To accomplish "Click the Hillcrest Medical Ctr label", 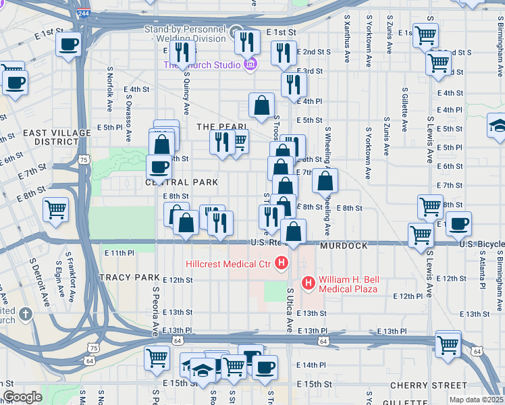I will click(x=230, y=263).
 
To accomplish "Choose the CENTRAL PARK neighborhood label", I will click(x=182, y=182).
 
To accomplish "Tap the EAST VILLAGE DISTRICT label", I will click(x=51, y=137).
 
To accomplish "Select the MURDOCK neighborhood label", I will click(x=348, y=246).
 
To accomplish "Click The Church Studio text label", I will click(x=201, y=65).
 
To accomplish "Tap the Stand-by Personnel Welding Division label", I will click(x=184, y=34).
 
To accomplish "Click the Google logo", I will click(x=22, y=397).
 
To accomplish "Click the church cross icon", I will click(x=25, y=314).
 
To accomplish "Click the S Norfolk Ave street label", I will click(x=109, y=88).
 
